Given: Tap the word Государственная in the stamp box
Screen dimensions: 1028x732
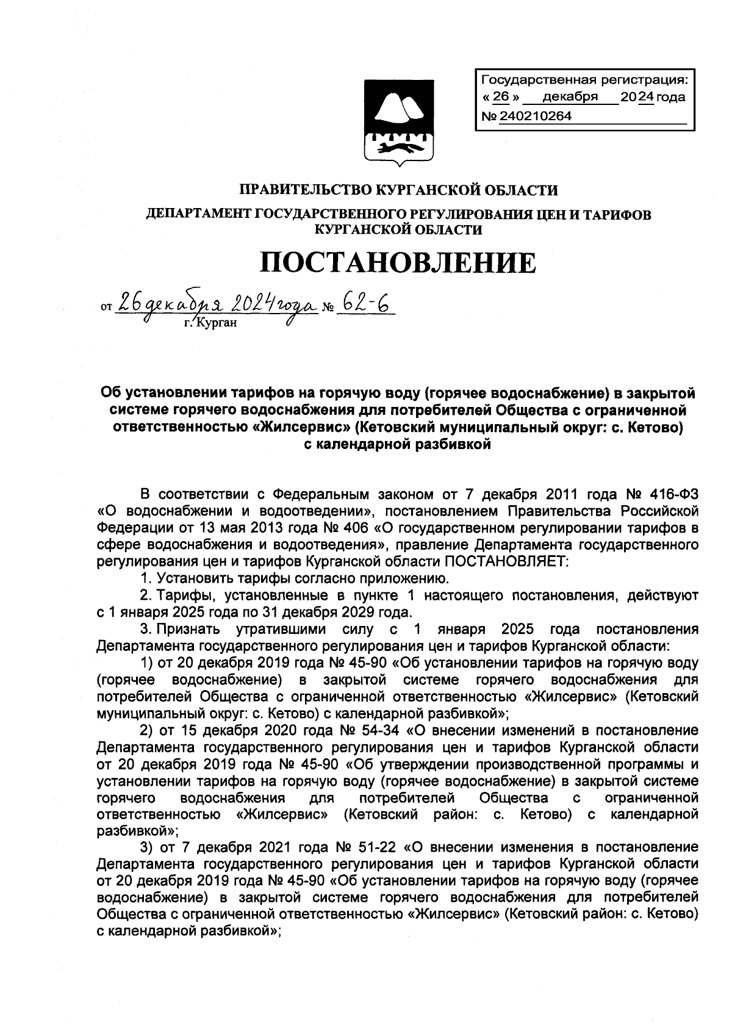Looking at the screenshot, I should click(529, 79).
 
